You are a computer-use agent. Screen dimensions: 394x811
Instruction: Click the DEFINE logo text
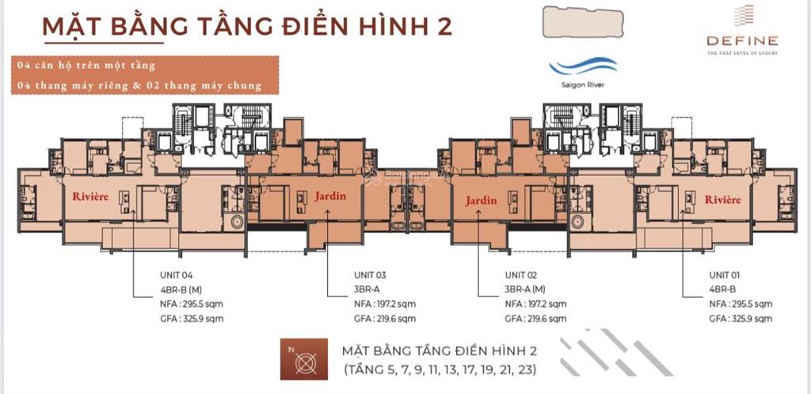click(743, 40)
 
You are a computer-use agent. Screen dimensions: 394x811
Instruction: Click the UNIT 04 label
click(177, 275)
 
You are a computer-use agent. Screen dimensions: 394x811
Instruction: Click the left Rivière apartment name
click(89, 197)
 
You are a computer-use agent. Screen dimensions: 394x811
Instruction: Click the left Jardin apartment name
click(329, 197)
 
